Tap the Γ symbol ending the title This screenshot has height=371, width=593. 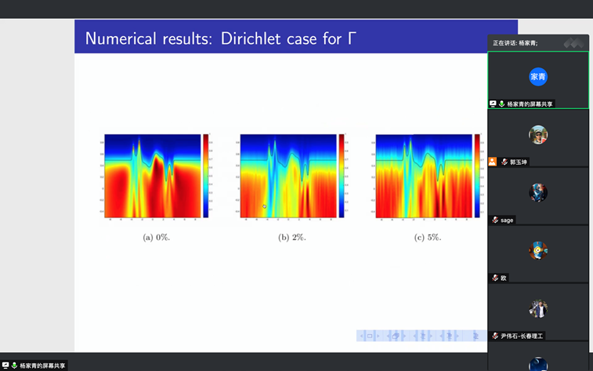coord(352,38)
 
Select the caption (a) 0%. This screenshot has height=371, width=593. coord(156,237)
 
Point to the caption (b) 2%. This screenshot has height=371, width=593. coord(292,237)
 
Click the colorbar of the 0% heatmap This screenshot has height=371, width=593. coord(206,175)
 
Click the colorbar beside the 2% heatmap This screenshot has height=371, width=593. coord(342,175)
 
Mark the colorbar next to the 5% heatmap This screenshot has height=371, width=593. coord(478,175)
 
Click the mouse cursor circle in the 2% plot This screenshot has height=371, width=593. coord(264,206)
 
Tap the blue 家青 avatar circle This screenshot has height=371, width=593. coord(537,76)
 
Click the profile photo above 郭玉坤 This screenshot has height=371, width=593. coord(537,135)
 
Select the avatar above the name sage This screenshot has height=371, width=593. coord(537,193)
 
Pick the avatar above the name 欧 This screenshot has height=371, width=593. coord(537,251)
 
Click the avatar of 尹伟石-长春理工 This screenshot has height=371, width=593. coord(537,309)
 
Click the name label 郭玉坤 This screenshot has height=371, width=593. coord(519,162)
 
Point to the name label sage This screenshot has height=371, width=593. coord(507,220)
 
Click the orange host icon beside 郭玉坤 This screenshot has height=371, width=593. coord(492,162)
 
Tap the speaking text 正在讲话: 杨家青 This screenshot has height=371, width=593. coord(515,42)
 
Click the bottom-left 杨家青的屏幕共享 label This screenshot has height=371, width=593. coord(43,366)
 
